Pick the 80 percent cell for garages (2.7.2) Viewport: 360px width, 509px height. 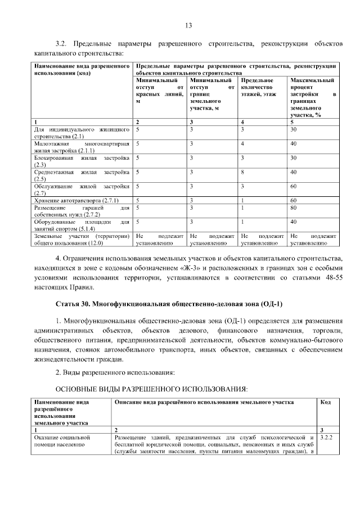[x=293, y=208]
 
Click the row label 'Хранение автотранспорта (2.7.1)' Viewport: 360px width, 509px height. [x=68, y=200]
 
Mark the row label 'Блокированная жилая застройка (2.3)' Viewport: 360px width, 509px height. [x=82, y=161]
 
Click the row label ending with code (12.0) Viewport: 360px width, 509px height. [x=82, y=240]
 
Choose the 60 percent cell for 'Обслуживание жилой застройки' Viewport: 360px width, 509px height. [x=293, y=186]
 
